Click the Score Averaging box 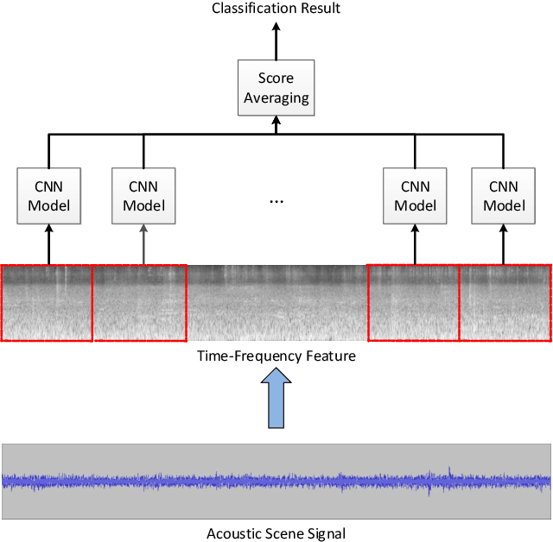(276, 88)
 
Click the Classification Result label (276, 9)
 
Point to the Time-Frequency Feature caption (276, 355)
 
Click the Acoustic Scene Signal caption (276, 533)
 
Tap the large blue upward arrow (276, 397)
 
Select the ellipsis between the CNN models (276, 200)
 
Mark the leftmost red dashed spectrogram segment (46, 302)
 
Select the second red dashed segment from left (138, 302)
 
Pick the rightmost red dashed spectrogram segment (505, 302)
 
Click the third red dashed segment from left (413, 302)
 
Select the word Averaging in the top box (276, 98)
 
